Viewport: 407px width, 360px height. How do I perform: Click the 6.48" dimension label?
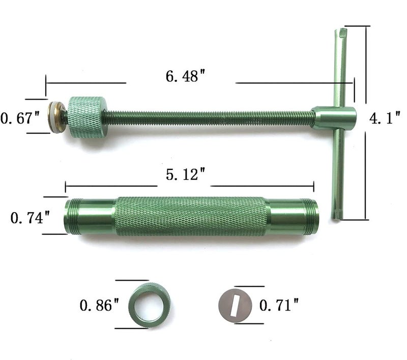tap(185, 76)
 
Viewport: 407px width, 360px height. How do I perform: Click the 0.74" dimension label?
tap(30, 217)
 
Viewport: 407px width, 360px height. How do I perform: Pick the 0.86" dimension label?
tap(99, 305)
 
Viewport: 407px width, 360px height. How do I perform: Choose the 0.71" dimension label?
tap(279, 305)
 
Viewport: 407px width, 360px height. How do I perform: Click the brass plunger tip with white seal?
tap(57, 117)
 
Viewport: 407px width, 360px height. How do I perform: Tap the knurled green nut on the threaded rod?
tap(87, 116)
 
